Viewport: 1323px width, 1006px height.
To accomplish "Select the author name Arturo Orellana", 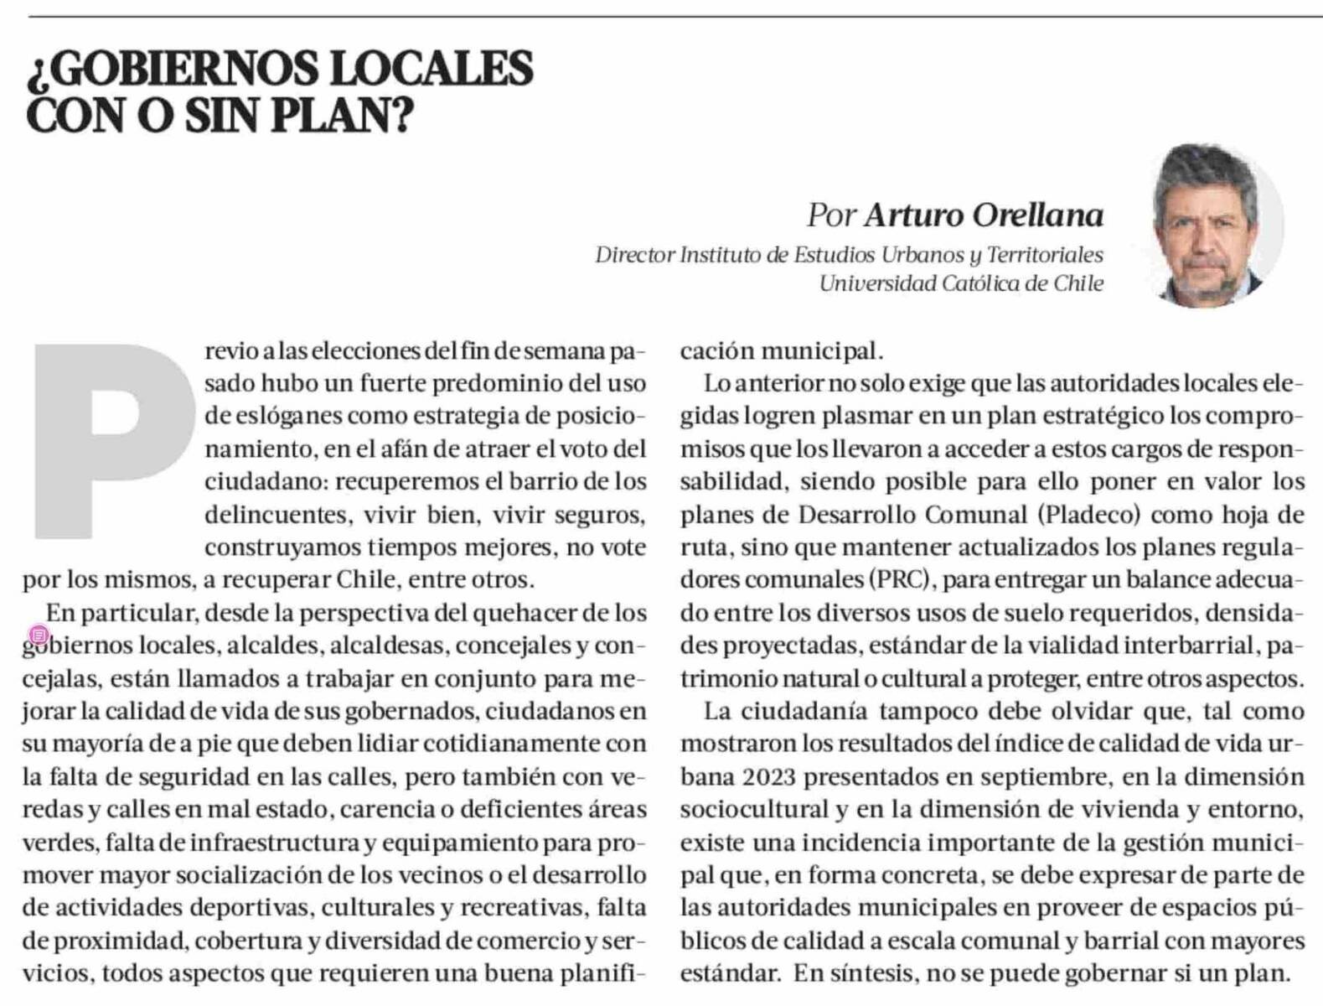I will click(984, 215).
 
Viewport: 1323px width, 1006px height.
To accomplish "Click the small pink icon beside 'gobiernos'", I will click(39, 635).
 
